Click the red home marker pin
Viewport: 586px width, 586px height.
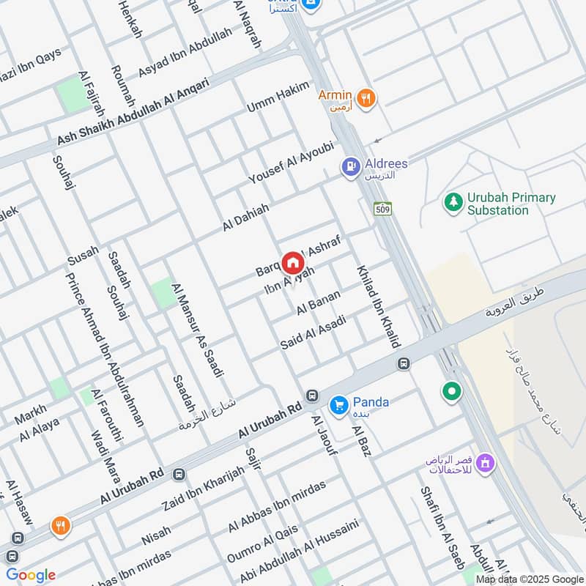(293, 262)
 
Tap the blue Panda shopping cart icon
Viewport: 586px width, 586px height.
(338, 405)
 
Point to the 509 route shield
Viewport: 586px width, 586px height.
(382, 208)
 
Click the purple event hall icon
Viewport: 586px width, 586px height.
(484, 463)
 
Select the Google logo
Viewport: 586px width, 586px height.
(31, 575)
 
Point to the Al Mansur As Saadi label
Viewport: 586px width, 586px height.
(196, 330)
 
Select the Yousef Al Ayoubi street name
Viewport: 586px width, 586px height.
(291, 163)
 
